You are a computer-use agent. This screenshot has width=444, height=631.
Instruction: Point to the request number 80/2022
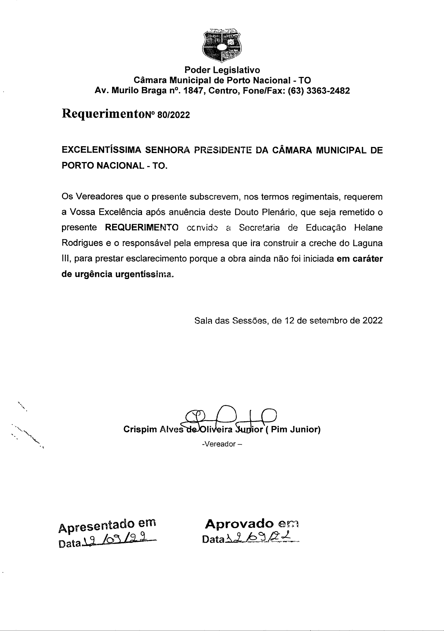[174, 115]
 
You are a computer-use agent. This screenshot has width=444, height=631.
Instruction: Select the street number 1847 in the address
[193, 91]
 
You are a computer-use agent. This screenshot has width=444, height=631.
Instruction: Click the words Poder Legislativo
[222, 69]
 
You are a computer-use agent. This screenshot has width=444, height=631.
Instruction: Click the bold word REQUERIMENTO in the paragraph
[142, 228]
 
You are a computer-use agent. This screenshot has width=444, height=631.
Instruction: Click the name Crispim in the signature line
[140, 430]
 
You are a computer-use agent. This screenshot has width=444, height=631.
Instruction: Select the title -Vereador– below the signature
[222, 444]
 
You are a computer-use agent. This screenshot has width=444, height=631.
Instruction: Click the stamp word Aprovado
[239, 523]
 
